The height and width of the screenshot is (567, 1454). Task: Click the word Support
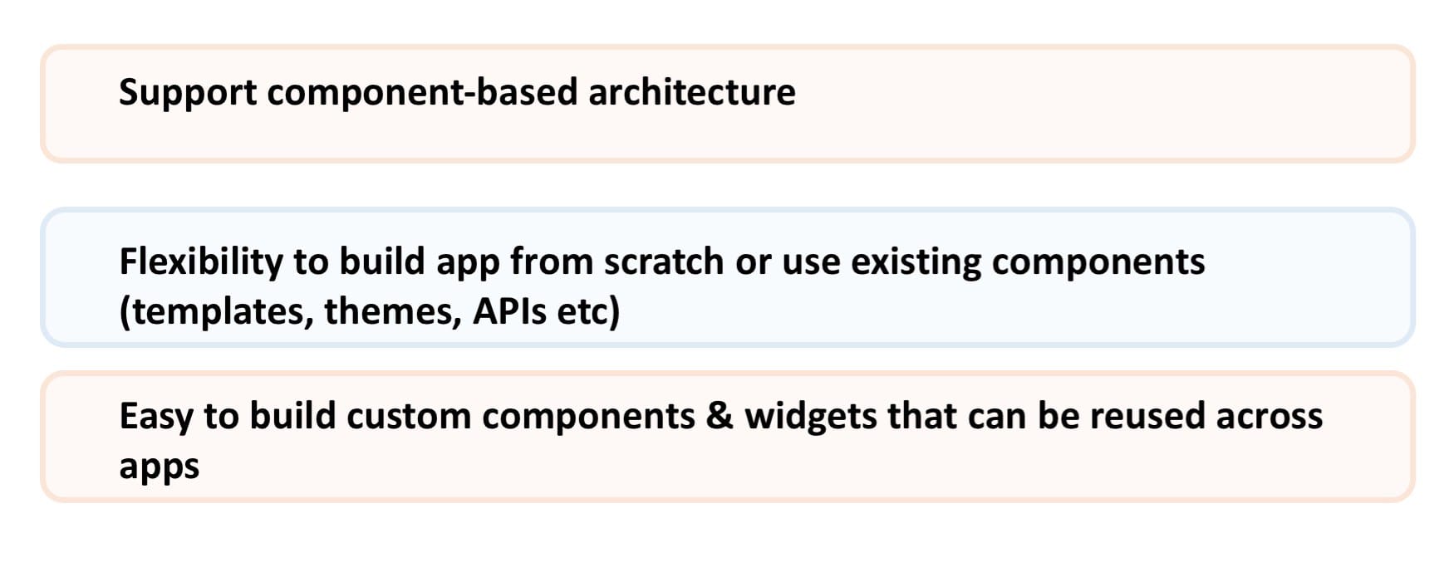tap(188, 92)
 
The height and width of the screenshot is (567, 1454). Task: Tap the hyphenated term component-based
tap(422, 92)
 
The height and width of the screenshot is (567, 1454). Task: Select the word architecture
tap(692, 91)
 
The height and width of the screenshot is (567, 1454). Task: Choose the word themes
tap(393, 312)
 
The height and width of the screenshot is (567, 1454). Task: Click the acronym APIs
tap(510, 311)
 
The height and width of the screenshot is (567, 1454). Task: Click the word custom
tap(409, 416)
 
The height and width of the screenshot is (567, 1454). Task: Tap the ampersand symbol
tap(720, 416)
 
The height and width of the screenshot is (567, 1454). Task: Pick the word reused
tap(1147, 416)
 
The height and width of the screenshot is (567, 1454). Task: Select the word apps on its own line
tap(160, 467)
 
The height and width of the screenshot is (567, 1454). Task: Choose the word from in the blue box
tap(552, 262)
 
